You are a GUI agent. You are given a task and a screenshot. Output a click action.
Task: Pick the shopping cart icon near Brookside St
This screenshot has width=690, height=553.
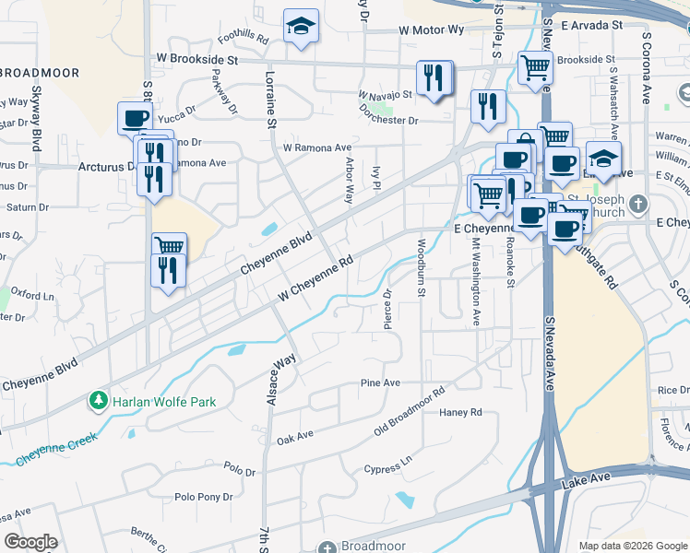click(x=534, y=66)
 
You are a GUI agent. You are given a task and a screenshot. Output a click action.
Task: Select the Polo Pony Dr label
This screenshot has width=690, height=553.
click(x=203, y=497)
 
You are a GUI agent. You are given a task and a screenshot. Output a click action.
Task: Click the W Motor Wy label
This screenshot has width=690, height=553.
click(x=432, y=30)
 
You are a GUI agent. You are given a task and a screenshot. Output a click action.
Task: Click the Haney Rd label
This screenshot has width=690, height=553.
click(x=460, y=412)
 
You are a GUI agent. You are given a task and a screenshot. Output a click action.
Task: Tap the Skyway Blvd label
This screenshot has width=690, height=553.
click(x=36, y=116)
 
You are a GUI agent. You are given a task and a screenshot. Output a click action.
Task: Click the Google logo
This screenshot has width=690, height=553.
click(x=30, y=542)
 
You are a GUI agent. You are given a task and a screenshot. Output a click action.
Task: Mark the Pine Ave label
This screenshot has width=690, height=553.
click(x=380, y=382)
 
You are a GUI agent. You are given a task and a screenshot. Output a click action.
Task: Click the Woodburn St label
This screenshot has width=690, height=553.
click(x=421, y=267)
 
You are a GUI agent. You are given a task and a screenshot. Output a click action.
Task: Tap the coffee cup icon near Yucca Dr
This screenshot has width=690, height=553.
click(x=135, y=118)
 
